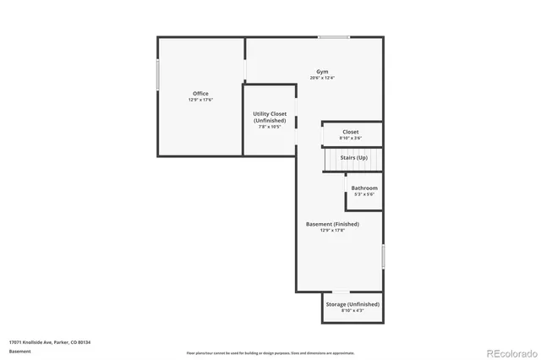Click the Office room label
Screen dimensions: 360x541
(x=200, y=93)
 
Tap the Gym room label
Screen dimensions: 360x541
(x=322, y=72)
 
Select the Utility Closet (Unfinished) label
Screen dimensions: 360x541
(x=270, y=117)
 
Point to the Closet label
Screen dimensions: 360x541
(x=351, y=132)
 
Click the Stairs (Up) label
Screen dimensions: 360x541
(x=354, y=157)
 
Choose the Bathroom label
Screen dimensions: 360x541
(x=364, y=188)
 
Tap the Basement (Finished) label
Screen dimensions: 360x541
(x=332, y=224)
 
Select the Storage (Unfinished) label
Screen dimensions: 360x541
(x=352, y=304)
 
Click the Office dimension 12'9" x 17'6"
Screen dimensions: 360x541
(x=200, y=100)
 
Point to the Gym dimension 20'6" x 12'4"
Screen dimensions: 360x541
(x=322, y=79)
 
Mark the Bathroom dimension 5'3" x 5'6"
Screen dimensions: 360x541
(x=364, y=194)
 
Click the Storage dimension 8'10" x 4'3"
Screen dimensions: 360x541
(x=352, y=311)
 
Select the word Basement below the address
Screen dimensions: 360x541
(x=19, y=350)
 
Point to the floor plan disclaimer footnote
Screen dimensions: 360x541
(x=270, y=352)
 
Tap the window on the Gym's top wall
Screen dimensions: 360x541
(x=334, y=36)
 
